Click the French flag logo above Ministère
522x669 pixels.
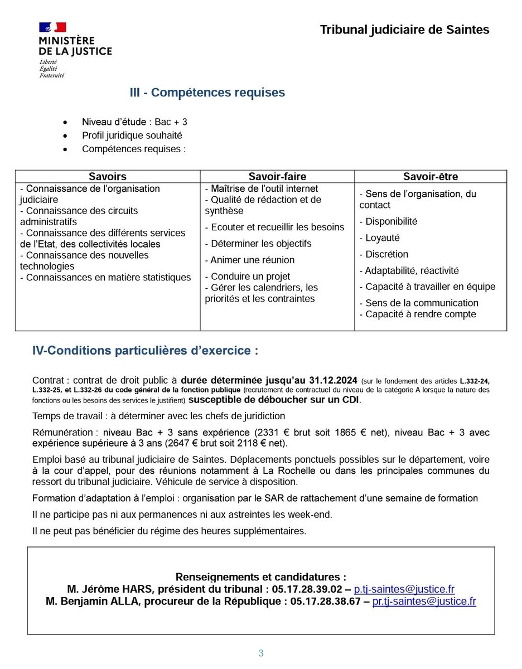(52, 27)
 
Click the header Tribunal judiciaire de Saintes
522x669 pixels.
(404, 30)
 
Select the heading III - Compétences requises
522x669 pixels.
(207, 93)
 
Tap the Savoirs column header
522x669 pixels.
(108, 177)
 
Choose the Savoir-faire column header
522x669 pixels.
(277, 177)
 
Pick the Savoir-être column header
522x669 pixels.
(431, 177)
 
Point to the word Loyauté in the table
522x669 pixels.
(382, 238)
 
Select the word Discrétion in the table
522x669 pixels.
(386, 254)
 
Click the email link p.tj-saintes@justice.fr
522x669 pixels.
(404, 589)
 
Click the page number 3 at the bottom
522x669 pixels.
(260, 653)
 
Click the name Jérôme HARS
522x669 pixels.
(112, 589)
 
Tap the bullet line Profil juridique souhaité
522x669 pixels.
(132, 135)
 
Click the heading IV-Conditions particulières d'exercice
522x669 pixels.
(145, 351)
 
